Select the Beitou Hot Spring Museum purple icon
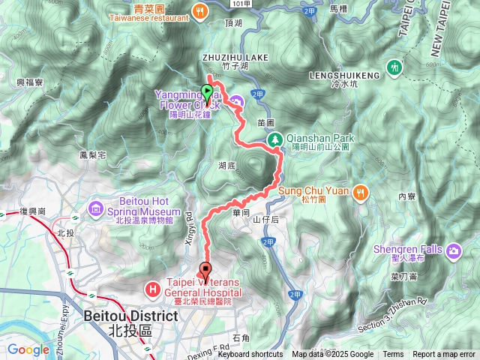click(95, 207)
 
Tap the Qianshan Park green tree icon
click(275, 139)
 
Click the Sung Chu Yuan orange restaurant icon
click(361, 190)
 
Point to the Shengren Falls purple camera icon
click(454, 250)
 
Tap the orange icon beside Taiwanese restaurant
click(199, 10)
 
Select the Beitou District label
click(131, 316)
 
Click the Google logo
click(28, 349)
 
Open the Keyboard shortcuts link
click(250, 355)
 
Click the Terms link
click(393, 355)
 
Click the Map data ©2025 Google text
click(333, 355)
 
